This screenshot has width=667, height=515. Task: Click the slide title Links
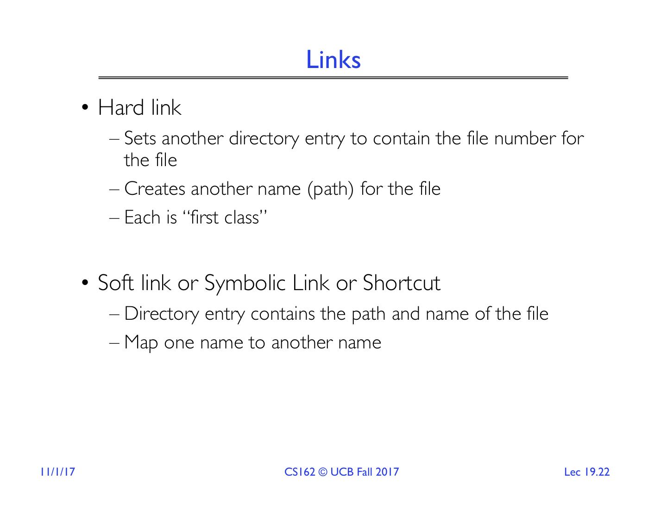333,60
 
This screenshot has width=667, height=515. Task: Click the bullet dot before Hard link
85,108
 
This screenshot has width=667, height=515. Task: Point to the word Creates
155,189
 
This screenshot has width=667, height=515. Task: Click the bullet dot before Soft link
85,283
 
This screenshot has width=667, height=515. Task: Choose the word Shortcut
401,283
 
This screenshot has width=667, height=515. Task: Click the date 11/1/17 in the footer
57,472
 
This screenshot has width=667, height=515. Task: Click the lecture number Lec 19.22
586,472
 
